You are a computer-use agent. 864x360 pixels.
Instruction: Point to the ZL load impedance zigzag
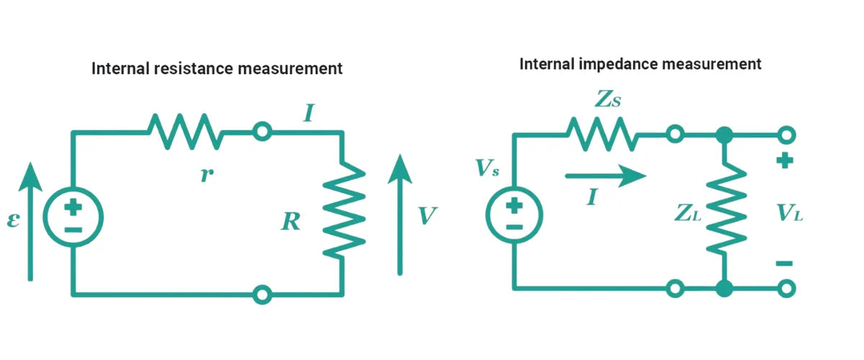point(724,210)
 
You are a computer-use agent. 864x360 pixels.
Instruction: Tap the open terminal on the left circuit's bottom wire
point(263,294)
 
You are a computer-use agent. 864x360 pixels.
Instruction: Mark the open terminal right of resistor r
point(263,132)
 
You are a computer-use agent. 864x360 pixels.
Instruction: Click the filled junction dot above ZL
point(724,135)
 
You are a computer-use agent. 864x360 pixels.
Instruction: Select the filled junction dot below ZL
point(724,289)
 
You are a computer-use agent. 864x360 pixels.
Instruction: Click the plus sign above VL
point(784,162)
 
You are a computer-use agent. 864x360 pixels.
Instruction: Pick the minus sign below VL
point(784,264)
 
